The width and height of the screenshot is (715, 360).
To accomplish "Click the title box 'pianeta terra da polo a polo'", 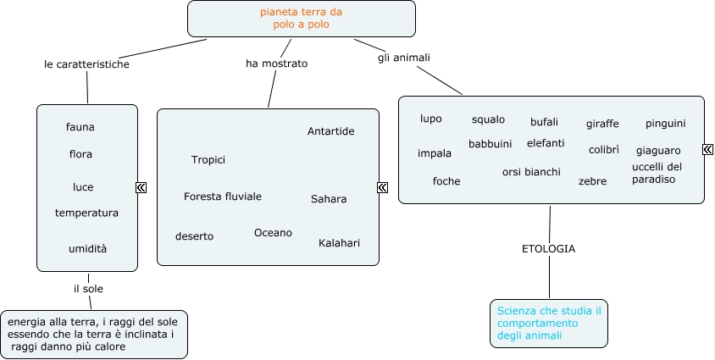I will click(x=302, y=19).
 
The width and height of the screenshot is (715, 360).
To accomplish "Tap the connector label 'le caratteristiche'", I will click(x=86, y=64).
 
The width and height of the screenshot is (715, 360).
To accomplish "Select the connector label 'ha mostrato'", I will click(x=276, y=64).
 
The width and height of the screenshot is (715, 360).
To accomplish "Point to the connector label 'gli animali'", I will click(x=404, y=58).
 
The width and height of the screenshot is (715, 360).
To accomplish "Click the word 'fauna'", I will click(x=80, y=127).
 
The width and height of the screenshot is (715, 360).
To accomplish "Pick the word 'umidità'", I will click(x=88, y=248).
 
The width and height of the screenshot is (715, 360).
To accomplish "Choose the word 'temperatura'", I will click(x=86, y=213).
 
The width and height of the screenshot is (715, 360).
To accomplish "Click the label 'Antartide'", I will click(x=330, y=131).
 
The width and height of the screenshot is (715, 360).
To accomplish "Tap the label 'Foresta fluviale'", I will click(x=223, y=197).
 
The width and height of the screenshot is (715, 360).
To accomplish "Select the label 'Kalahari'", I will click(x=339, y=243).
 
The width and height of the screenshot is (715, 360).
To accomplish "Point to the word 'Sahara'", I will click(x=329, y=199).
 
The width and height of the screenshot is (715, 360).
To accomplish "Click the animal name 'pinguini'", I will click(x=665, y=124).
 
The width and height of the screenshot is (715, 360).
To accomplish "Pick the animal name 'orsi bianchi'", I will click(x=531, y=172).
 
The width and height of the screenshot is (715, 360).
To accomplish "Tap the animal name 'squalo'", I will click(x=488, y=119).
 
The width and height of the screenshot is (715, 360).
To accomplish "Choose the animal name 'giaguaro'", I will click(x=658, y=151).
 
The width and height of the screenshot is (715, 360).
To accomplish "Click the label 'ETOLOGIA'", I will click(x=548, y=249).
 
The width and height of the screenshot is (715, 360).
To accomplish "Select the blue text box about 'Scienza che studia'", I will click(x=549, y=323).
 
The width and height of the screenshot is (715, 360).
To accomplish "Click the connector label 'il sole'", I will click(x=88, y=289).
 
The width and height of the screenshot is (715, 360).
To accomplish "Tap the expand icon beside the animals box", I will click(x=707, y=150).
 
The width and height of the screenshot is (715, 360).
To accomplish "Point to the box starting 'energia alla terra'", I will click(x=94, y=334).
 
